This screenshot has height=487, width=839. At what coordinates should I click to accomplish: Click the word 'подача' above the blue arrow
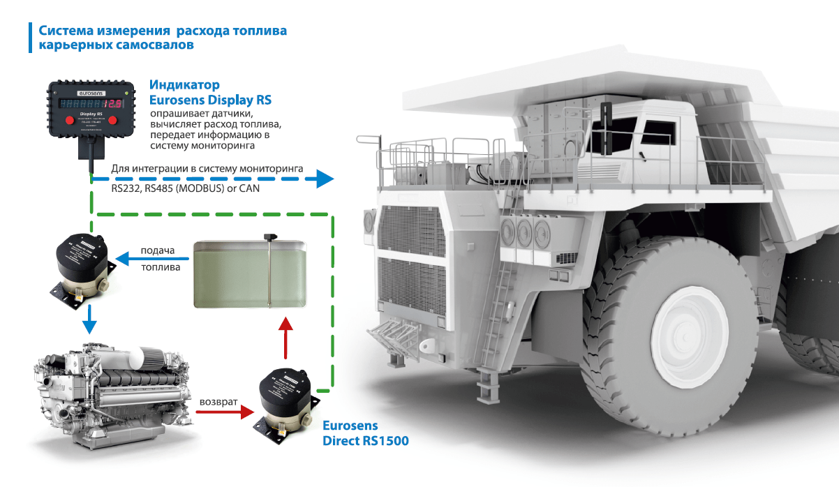click(157, 250)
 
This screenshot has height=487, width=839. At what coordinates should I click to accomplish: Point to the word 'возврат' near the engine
click(218, 403)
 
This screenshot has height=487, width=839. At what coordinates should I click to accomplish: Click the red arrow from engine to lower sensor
click(223, 412)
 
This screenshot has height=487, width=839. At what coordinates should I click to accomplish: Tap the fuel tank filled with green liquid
click(250, 274)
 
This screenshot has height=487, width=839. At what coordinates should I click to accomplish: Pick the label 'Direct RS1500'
click(365, 441)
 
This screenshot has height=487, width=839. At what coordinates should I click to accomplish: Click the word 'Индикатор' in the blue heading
click(184, 85)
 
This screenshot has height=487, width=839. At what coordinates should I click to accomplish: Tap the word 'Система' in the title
click(67, 31)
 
